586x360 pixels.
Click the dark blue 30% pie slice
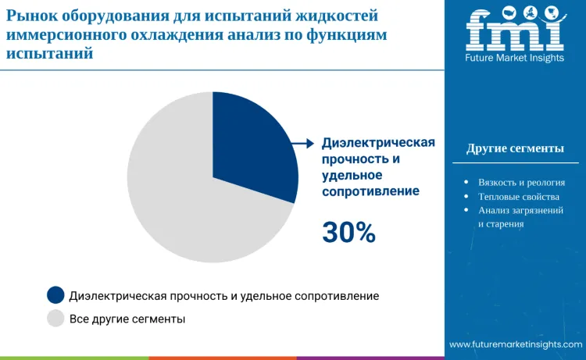pyautogui.click(x=250, y=144)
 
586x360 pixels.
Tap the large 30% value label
pyautogui.click(x=349, y=232)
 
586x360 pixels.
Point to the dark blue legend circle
pyautogui.click(x=55, y=295)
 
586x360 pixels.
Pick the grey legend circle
pyautogui.click(x=55, y=319)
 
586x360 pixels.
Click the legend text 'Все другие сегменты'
pyautogui.click(x=127, y=319)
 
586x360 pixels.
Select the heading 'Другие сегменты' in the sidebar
pyautogui.click(x=515, y=148)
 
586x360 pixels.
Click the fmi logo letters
pyautogui.click(x=515, y=31)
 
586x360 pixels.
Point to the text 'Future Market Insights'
pyautogui.click(x=515, y=58)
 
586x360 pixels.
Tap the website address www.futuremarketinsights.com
pyautogui.click(x=516, y=344)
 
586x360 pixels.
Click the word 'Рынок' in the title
pyautogui.click(x=30, y=16)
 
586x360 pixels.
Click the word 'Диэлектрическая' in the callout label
pyautogui.click(x=378, y=143)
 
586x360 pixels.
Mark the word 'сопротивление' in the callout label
pyautogui.click(x=370, y=191)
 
